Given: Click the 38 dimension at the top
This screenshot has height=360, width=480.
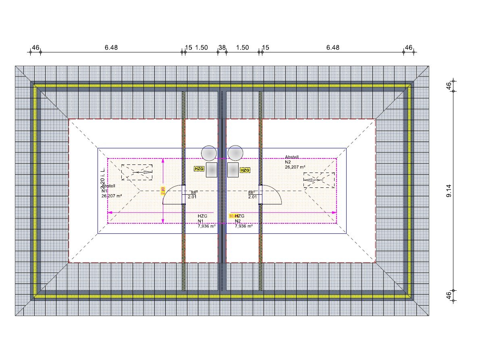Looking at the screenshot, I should click(x=222, y=48).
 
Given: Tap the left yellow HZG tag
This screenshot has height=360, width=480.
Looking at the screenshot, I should click(x=199, y=169).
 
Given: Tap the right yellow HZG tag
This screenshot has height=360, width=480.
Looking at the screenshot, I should click(x=245, y=170).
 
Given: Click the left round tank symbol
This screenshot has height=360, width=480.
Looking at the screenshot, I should click(x=209, y=154).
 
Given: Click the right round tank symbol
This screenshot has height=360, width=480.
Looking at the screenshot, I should click(x=235, y=154).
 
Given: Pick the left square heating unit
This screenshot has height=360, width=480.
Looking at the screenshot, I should click(x=212, y=170).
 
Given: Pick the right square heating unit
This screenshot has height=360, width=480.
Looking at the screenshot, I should click(x=233, y=170).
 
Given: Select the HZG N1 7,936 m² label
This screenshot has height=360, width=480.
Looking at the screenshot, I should click(x=206, y=221).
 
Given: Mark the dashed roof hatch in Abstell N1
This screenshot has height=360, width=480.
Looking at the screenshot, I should click(x=137, y=172).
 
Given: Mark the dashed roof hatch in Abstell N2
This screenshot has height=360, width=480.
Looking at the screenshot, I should click(x=319, y=180).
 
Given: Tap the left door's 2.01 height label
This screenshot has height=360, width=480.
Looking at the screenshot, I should click(x=192, y=197).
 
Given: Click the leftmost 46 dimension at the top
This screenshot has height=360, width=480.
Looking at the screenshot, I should click(x=35, y=48).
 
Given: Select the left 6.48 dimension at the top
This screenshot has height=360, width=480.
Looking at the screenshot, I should click(x=111, y=48).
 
